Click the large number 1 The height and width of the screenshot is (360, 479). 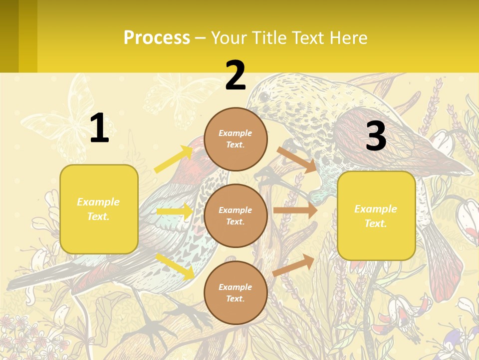point(99,128)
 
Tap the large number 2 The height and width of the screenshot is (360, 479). point(236,75)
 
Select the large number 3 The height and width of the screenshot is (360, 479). point(376,136)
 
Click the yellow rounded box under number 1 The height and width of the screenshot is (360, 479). point(99,209)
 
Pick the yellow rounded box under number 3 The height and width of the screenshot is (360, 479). point(376,215)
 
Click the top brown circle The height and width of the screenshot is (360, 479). point(236,139)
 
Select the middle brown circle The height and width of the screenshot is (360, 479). point(236,215)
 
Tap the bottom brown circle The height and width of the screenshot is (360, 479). point(236,292)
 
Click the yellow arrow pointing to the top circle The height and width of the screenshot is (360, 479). point(173,159)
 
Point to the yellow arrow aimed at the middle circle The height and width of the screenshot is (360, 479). point(174,211)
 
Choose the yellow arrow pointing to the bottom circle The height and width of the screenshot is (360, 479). point(175,266)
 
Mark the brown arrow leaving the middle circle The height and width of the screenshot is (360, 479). point(295,210)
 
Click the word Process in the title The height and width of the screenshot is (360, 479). point(157,37)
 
